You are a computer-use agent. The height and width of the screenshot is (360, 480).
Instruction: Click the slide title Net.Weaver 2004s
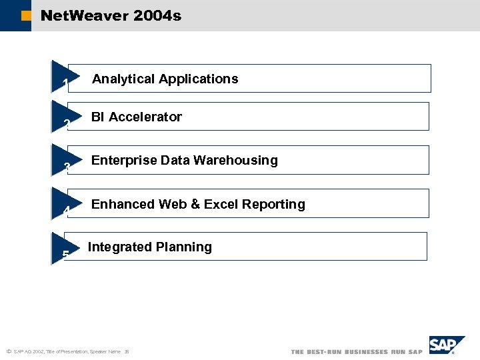111,15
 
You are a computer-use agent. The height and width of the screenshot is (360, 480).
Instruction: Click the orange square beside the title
26,16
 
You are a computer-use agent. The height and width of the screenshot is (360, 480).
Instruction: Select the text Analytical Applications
165,79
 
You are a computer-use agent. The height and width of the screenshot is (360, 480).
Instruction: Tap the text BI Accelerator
137,117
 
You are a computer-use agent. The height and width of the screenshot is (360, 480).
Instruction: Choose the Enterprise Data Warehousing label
184,161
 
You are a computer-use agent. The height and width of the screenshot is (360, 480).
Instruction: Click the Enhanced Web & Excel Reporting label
198,205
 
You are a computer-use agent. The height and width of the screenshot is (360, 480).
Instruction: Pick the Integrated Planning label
150,247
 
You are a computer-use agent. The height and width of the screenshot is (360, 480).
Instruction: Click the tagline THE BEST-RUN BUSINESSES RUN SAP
357,352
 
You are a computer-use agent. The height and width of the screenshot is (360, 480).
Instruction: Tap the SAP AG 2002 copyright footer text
67,352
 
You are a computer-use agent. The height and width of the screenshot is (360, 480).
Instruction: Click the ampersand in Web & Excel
196,205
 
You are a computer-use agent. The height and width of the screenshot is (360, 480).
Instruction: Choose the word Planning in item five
184,247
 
